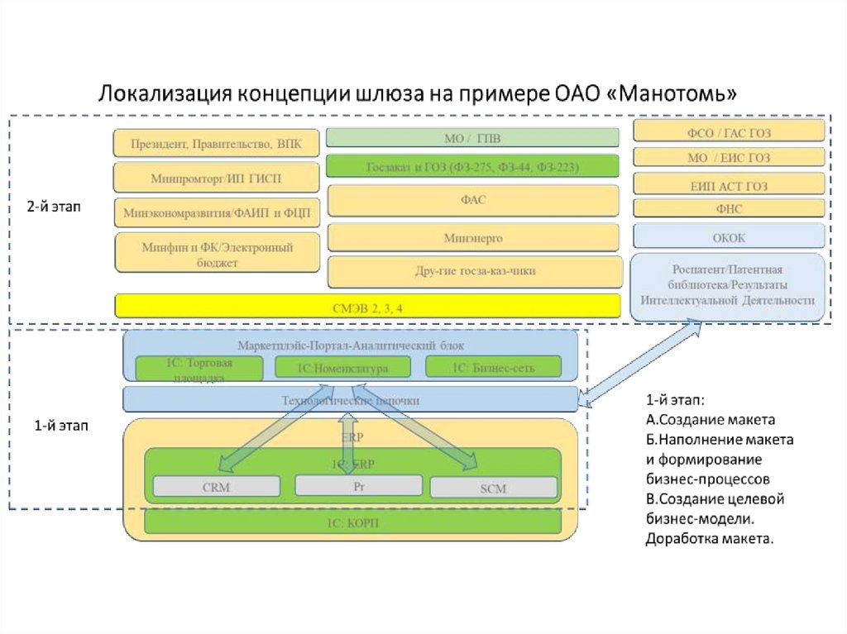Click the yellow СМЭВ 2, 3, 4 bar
pyautogui.click(x=367, y=307)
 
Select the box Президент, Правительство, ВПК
pyautogui.click(x=216, y=144)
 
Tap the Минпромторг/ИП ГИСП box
pyautogui.click(x=216, y=178)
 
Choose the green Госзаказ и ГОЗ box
pyautogui.click(x=472, y=166)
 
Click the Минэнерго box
pyautogui.click(x=472, y=237)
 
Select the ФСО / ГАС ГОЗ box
pyautogui.click(x=729, y=131)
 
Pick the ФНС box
pyautogui.click(x=729, y=208)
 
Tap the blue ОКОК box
pyautogui.click(x=729, y=237)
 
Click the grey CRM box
pyautogui.click(x=216, y=487)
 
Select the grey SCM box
pyautogui.click(x=493, y=488)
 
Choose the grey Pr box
pyautogui.click(x=359, y=485)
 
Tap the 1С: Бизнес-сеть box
pyautogui.click(x=493, y=367)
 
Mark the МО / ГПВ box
pyautogui.click(x=472, y=137)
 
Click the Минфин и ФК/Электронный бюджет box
pyautogui.click(x=216, y=253)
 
